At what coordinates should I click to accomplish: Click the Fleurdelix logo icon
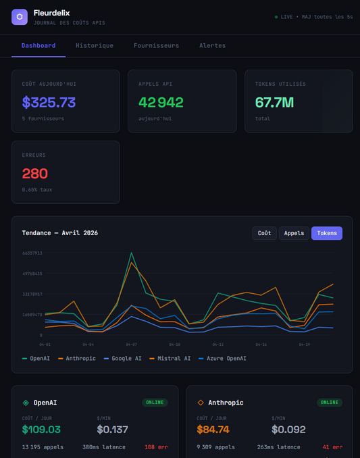[20, 17]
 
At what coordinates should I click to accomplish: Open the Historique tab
[95, 45]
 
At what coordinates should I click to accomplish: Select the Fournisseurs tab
[156, 45]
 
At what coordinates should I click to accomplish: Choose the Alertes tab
[212, 45]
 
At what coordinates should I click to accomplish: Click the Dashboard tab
[38, 45]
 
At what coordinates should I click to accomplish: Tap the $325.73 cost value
[49, 103]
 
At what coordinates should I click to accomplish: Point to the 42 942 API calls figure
[161, 103]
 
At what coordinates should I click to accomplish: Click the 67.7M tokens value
[274, 103]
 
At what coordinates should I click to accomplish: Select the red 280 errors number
[35, 174]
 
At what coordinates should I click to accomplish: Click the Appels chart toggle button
[294, 233]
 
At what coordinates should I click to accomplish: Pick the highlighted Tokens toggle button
[327, 233]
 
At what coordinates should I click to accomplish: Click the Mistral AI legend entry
[170, 358]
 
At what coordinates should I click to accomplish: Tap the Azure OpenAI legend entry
[222, 358]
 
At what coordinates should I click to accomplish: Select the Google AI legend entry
[122, 358]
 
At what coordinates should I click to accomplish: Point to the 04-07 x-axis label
[130, 344]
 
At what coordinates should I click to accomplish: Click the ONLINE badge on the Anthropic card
[330, 402]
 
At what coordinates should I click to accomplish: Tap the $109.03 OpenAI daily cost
[41, 429]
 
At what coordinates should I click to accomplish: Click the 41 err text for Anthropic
[331, 447]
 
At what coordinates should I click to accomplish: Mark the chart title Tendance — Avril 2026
[60, 233]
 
